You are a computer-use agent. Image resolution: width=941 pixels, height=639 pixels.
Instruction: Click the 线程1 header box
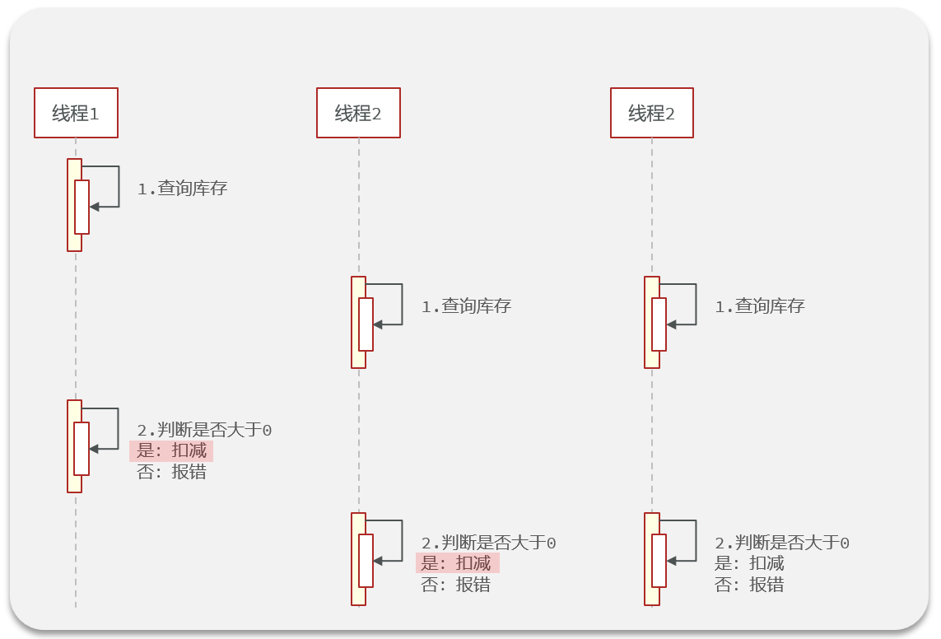tap(76, 113)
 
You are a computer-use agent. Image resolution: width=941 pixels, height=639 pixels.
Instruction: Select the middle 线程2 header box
tap(358, 113)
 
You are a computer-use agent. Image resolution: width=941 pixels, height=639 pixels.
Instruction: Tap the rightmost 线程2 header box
tap(651, 113)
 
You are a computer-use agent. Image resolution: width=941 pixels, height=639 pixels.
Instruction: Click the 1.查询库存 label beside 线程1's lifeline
tap(182, 189)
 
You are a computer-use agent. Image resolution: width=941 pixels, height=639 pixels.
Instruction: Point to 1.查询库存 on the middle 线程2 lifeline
tap(466, 306)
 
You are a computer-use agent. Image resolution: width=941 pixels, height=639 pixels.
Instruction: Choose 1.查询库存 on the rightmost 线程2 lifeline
tap(759, 306)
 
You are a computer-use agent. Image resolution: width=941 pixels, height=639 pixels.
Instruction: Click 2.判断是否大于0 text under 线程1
tap(204, 430)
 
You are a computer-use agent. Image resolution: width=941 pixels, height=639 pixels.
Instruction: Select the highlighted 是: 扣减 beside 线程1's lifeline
tap(171, 451)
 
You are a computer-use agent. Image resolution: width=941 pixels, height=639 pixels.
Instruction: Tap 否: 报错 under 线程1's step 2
tap(171, 473)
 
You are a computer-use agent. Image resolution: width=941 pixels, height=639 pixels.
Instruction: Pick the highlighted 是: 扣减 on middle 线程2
tap(456, 563)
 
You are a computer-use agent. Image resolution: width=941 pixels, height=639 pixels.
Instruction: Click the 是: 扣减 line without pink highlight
tap(749, 563)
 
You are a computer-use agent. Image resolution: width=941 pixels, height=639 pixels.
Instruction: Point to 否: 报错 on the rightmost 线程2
tap(749, 585)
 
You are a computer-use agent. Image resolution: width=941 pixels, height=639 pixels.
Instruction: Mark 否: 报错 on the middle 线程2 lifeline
tap(456, 585)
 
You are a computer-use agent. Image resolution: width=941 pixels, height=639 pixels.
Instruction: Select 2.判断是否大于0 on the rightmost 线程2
tap(781, 543)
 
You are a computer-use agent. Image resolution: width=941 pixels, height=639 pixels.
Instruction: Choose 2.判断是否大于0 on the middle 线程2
tap(488, 543)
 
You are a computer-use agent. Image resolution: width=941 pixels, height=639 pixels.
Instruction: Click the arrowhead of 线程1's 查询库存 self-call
tap(94, 207)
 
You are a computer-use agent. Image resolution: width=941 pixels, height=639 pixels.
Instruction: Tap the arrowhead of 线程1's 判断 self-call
tap(94, 449)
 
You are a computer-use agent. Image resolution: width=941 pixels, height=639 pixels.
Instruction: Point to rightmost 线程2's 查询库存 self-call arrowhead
tap(671, 325)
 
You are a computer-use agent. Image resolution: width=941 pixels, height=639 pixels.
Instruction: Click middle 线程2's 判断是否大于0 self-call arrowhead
tap(378, 561)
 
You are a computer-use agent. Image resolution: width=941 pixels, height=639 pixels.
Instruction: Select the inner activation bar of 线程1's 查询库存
tap(82, 207)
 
